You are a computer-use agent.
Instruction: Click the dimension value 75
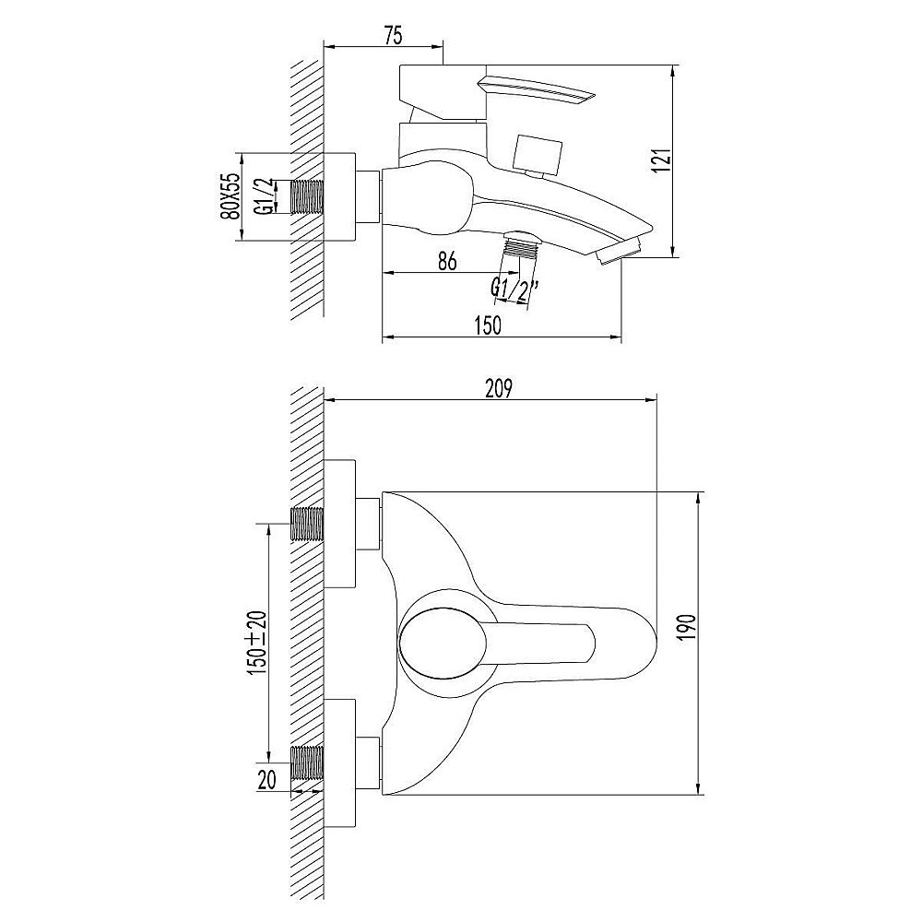(394, 36)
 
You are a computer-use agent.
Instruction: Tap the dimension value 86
(447, 261)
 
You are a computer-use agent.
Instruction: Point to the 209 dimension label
(499, 388)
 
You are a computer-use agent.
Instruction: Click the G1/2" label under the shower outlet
(515, 290)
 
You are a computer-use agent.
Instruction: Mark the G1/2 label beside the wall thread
(266, 196)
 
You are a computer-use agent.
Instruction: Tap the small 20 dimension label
(266, 780)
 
